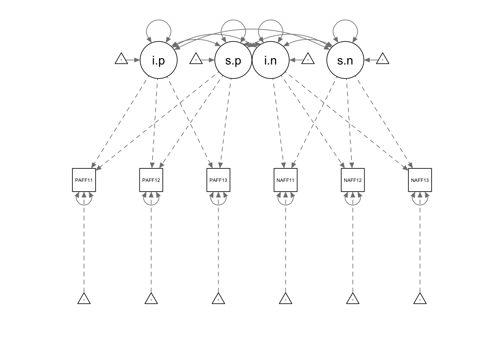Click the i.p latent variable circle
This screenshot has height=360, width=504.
coord(158,60)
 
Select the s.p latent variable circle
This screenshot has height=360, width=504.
coord(232,60)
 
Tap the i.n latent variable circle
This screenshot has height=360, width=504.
coord(270,60)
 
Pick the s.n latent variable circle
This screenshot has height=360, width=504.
coord(345,60)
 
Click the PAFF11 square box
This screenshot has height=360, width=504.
coord(84,180)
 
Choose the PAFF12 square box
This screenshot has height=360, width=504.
coord(151,180)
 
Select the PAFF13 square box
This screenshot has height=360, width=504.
coord(218,180)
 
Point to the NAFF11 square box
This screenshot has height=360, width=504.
coord(285,180)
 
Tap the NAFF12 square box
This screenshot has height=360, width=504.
coord(352,180)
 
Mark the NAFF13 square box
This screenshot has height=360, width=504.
coord(420,180)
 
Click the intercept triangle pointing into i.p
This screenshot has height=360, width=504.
coord(121,59)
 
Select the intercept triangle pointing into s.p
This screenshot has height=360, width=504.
coord(196,59)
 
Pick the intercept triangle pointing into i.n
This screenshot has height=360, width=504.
coord(308,59)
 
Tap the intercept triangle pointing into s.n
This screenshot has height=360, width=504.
coord(382,59)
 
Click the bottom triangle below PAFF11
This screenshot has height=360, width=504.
coord(84,299)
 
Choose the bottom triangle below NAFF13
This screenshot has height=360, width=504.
coord(420,299)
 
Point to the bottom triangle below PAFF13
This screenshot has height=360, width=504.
coord(218,299)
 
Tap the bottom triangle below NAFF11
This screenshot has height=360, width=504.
coord(285,299)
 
